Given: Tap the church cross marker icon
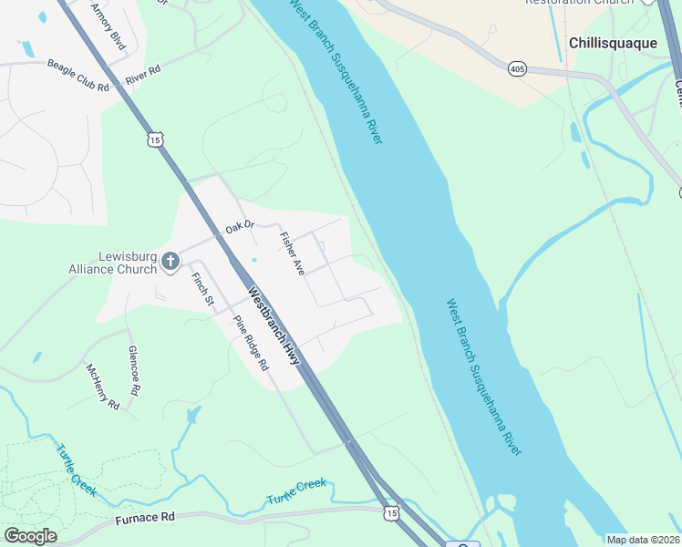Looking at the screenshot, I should [x=170, y=263].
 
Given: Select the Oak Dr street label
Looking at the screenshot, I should [x=239, y=226].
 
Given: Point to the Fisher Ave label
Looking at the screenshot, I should [x=292, y=254].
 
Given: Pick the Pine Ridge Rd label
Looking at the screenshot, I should [x=251, y=343].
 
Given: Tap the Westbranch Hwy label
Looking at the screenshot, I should [x=274, y=327].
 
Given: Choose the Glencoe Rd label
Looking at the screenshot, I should [x=134, y=370].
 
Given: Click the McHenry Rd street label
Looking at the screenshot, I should [x=102, y=387].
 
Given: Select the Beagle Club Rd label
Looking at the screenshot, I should [x=77, y=76].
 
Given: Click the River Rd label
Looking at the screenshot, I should [x=143, y=75].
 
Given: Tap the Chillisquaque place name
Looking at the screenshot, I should [x=612, y=43].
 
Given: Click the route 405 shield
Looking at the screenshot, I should [x=518, y=68].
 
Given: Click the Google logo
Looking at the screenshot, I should [x=30, y=536].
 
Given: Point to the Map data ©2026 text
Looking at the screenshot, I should [x=643, y=540].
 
